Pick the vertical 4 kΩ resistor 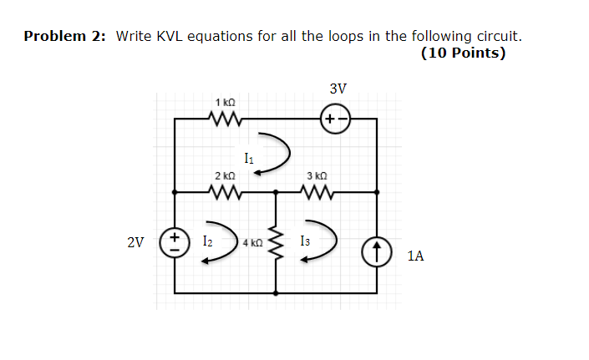276,242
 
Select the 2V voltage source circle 175,243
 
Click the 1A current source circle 377,250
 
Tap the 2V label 135,243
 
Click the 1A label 415,256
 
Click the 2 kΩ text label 225,176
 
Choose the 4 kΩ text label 252,243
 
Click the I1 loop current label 249,156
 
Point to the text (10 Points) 463,53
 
